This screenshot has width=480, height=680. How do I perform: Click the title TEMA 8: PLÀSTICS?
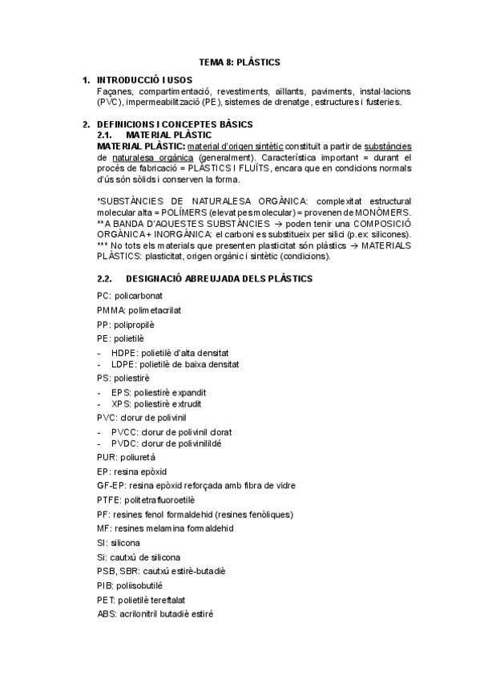tap(240, 61)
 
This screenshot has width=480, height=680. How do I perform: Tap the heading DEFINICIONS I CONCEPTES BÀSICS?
tap(175, 124)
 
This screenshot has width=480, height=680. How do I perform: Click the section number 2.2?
tap(106, 278)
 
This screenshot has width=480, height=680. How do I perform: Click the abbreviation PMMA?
tap(107, 310)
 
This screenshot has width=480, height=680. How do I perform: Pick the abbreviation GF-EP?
tap(109, 486)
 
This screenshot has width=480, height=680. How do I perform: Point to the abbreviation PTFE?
tap(107, 500)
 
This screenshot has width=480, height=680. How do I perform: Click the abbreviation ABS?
tap(105, 613)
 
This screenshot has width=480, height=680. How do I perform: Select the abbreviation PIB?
tap(103, 585)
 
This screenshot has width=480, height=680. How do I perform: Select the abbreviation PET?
tap(104, 599)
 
